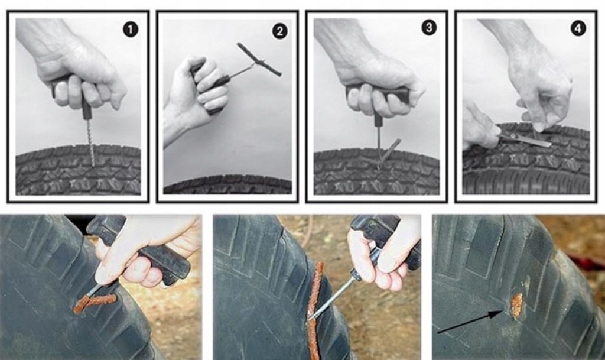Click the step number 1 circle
coord(131,30)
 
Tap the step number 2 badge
coord(279,31)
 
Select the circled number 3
coord(429,27)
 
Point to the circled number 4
coord(578,28)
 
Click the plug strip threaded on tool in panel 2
coord(259,60)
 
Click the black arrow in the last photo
coord(469,323)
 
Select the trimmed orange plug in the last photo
coord(516,305)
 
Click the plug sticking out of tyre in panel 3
coord(388,153)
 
